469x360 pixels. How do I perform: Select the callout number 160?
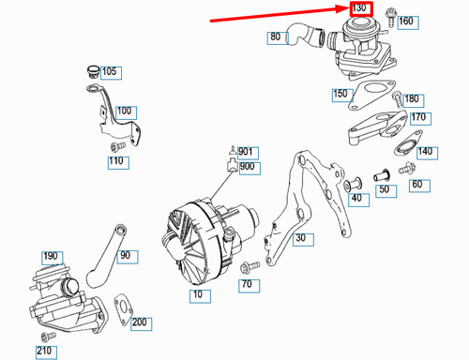tap(405, 21)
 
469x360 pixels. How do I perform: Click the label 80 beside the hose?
tap(275, 37)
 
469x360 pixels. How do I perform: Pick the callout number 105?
tap(109, 71)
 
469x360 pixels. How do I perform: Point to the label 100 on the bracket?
tap(124, 111)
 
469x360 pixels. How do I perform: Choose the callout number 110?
tap(116, 161)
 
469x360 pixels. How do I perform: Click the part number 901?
tap(247, 151)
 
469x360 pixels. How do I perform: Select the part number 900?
tap(247, 167)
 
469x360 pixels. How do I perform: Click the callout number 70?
tap(247, 282)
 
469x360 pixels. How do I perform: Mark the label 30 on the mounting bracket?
tap(300, 238)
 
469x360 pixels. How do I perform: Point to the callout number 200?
tap(140, 323)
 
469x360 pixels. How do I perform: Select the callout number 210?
tap(44, 352)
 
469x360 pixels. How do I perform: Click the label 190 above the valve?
tap(50, 256)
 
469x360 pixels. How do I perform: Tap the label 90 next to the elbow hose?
tap(125, 254)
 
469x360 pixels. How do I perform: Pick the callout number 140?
tap(425, 151)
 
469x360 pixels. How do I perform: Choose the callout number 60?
tap(416, 186)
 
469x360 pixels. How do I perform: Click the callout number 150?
tap(340, 94)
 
